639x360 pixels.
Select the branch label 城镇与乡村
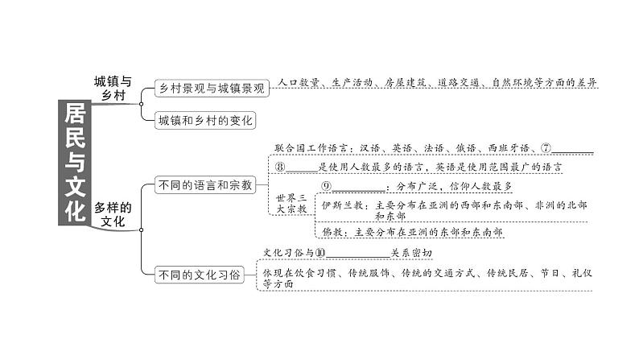[112, 88]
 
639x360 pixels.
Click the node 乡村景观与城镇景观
[211, 89]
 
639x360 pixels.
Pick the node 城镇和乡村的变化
[205, 120]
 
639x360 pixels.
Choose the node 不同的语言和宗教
[204, 185]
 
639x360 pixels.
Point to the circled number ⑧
[281, 168]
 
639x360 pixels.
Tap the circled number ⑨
[327, 187]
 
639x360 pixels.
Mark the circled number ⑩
[320, 253]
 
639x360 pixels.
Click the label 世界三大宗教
[291, 203]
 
